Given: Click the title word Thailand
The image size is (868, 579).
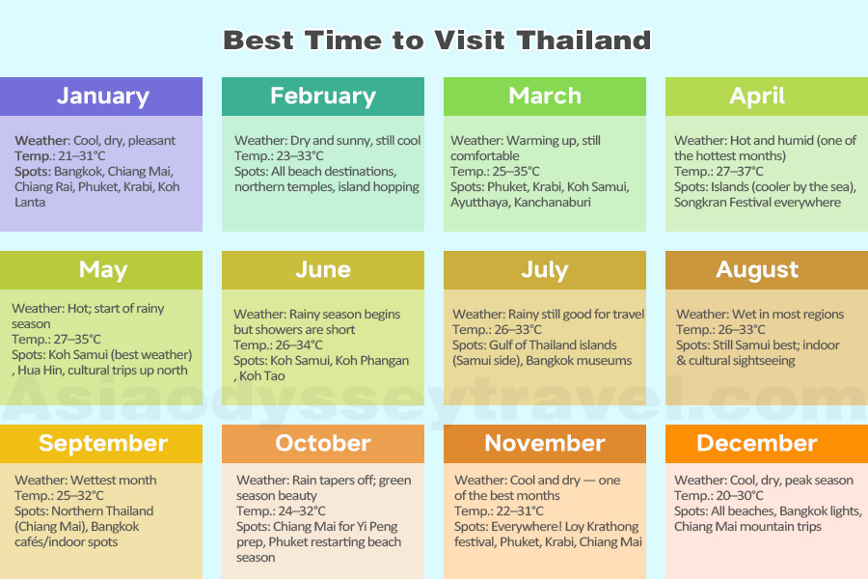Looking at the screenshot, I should (x=583, y=41).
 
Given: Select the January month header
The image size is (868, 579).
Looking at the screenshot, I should (x=102, y=96).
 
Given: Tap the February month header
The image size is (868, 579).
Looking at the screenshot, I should (x=323, y=96).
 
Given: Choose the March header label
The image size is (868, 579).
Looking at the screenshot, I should (x=545, y=96).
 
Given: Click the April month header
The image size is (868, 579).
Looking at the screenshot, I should (x=757, y=96).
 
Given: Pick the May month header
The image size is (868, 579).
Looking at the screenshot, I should (x=102, y=270).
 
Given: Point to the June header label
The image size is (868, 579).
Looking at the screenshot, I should (x=323, y=270).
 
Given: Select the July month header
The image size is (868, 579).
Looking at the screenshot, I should (x=545, y=270).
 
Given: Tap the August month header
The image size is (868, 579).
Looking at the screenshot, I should (x=757, y=270).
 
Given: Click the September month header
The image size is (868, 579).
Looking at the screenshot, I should (x=102, y=444).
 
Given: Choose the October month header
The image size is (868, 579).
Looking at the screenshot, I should (x=323, y=444).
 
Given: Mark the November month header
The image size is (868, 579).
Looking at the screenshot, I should (x=545, y=444).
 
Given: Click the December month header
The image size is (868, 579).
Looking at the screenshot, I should (x=757, y=444).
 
